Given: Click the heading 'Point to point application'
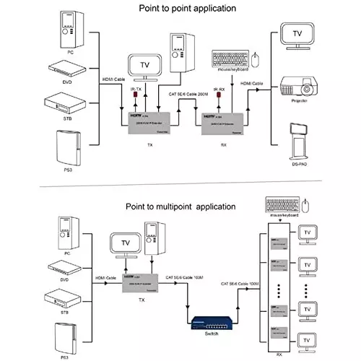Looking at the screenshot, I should pyautogui.click(x=180, y=8).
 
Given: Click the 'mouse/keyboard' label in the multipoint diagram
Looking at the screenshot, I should pyautogui.click(x=286, y=214).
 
